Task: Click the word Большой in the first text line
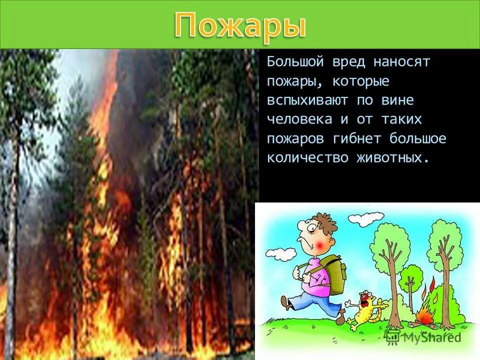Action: [294, 62]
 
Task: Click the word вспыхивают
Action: [308, 100]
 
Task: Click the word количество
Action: [308, 157]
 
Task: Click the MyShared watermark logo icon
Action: [393, 336]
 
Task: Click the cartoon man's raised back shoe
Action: [286, 302]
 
